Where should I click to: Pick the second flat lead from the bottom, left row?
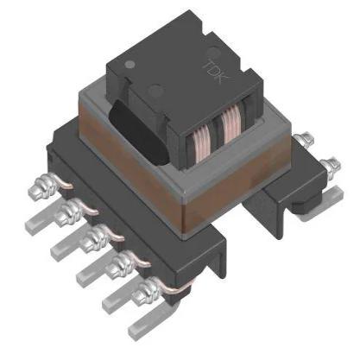coord(117,298)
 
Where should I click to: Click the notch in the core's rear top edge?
coord(177,26)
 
